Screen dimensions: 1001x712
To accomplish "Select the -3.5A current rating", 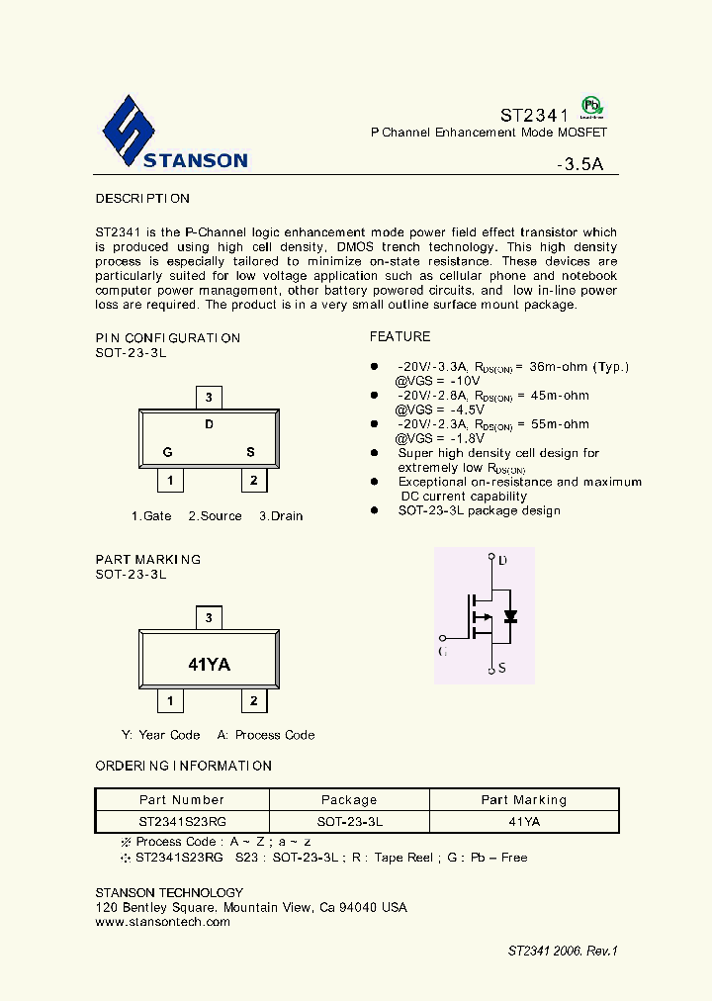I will [x=580, y=165].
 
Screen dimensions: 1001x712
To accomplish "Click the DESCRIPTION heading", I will [x=142, y=199].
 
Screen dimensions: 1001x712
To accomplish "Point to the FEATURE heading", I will [x=400, y=337].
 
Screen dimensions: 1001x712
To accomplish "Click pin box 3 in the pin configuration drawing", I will [x=208, y=398].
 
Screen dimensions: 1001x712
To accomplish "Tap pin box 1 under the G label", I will [x=171, y=481].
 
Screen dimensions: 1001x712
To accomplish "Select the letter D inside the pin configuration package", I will [x=209, y=425].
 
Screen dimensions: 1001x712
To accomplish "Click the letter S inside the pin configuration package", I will [x=250, y=453].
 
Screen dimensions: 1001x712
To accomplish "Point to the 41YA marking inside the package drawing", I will [x=209, y=665].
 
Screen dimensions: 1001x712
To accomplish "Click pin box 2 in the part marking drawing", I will [x=254, y=701].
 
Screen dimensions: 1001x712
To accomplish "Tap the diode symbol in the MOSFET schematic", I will [x=510, y=615].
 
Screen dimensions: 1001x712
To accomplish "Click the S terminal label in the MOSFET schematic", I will [x=502, y=669].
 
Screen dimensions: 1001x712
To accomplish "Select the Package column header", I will [x=349, y=800].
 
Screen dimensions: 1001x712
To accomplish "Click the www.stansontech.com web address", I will [x=162, y=922].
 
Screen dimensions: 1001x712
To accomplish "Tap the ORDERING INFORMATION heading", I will [x=183, y=767].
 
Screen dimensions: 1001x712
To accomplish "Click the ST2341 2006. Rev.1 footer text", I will [x=563, y=951].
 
